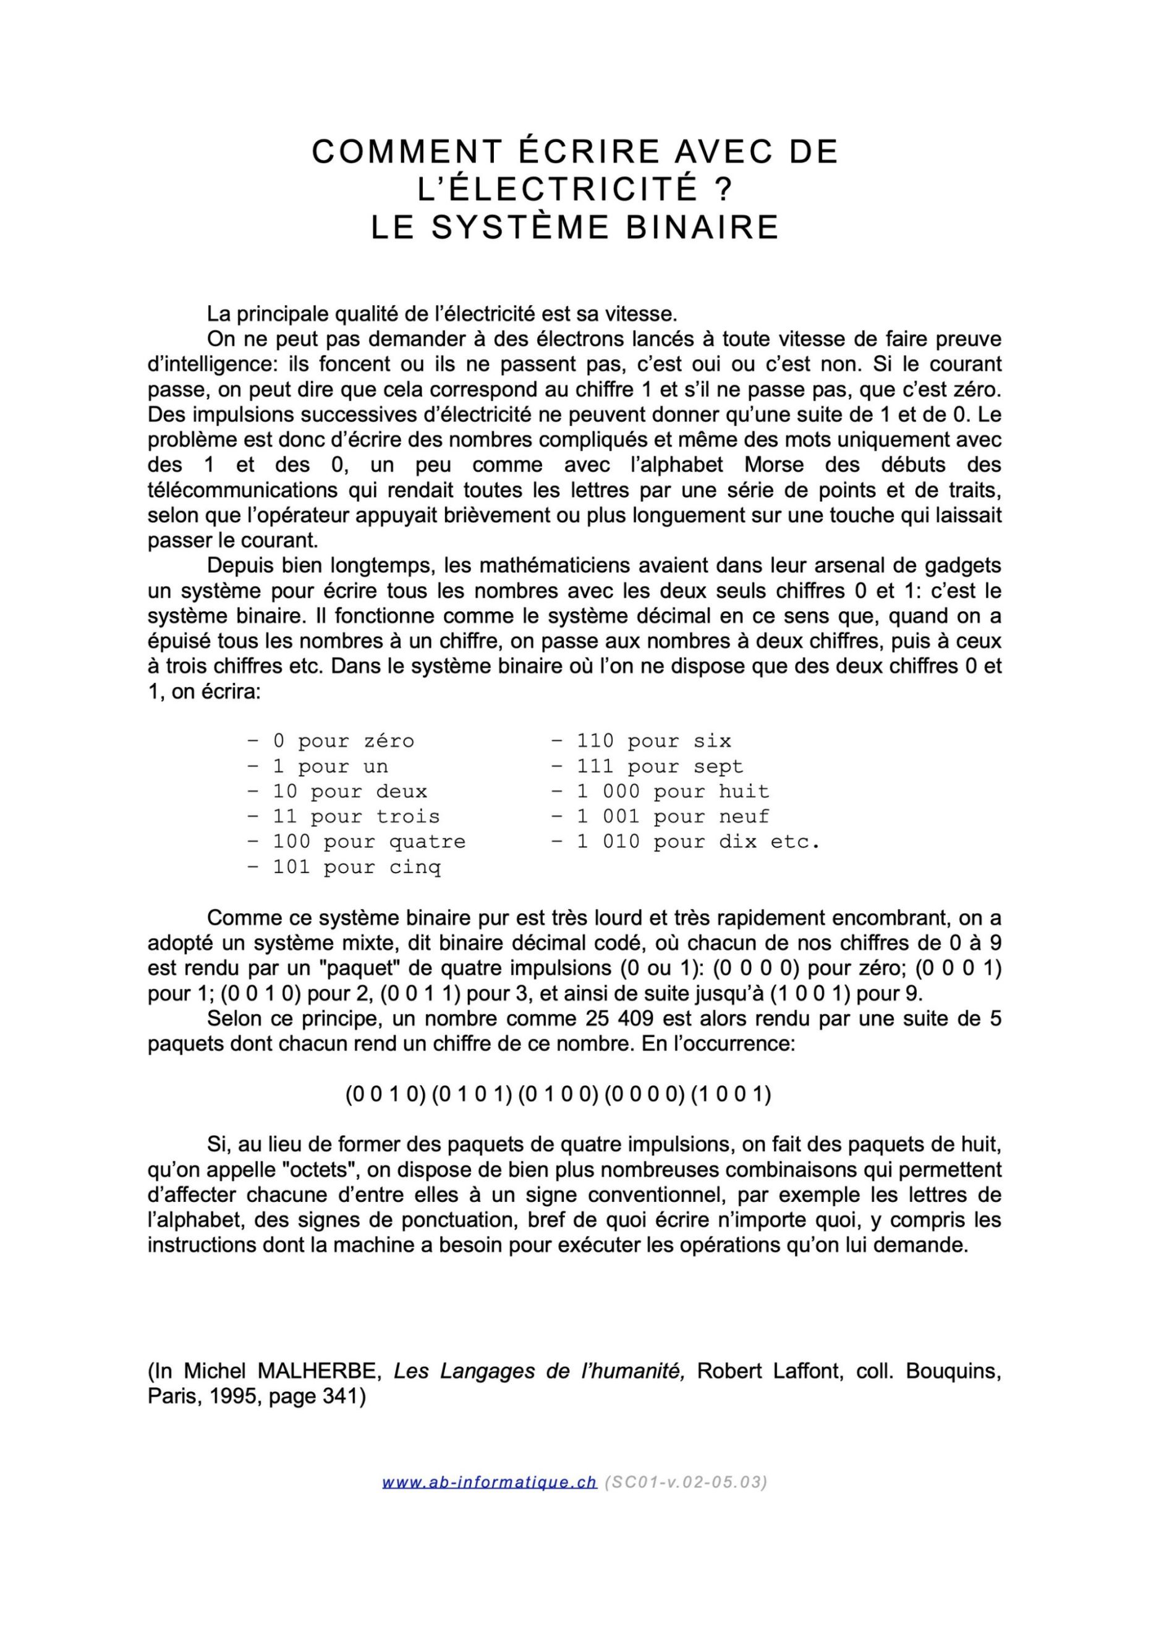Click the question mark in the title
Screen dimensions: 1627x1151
coord(722,190)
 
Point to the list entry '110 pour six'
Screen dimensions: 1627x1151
coord(642,742)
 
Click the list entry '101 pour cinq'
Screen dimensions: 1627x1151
coord(344,868)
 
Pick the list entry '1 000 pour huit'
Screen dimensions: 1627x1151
coord(661,792)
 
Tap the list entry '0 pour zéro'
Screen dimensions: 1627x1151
coord(331,742)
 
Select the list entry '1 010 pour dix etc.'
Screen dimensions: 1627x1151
coord(686,842)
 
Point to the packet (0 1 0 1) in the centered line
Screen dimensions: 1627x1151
coord(471,1094)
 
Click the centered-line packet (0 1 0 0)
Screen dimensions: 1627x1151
coord(558,1094)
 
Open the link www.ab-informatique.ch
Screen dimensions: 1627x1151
coord(490,1482)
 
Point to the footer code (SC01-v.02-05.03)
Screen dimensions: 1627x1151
coord(686,1482)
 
